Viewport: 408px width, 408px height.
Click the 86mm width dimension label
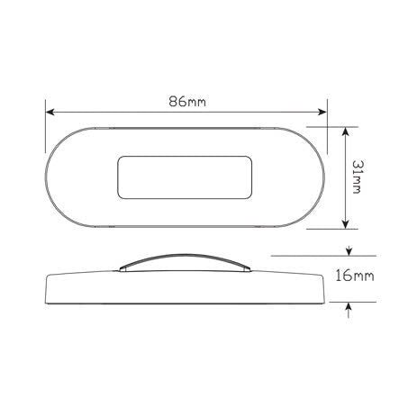click(187, 101)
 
